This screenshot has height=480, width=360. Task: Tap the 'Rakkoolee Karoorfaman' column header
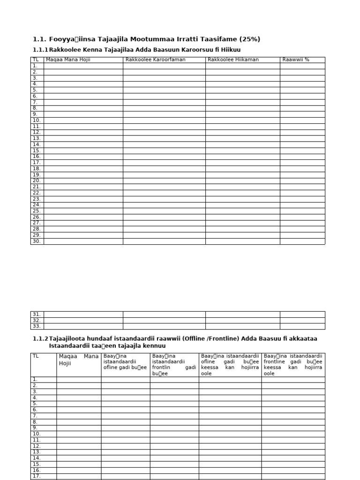149,60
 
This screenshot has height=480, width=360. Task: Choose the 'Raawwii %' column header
296,60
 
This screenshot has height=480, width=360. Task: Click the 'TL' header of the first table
36,60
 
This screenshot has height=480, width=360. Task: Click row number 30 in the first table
37,241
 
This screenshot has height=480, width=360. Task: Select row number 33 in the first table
37,326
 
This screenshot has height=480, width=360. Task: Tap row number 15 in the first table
37,150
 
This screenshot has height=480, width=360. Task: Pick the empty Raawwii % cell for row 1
302,66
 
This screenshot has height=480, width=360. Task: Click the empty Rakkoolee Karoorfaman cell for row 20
164,181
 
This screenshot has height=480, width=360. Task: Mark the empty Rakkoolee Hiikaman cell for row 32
242,320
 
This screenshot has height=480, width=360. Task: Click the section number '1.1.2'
40,338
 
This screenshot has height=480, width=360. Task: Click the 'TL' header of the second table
36,356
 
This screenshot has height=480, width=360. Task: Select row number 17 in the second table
37,476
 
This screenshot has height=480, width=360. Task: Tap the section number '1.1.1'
40,50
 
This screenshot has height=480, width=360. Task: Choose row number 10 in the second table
37,434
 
